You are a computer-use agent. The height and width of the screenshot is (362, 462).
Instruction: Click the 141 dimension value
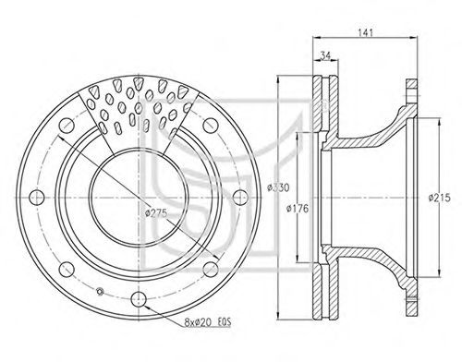tap(365, 32)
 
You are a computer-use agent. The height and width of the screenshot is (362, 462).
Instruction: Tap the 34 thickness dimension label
tap(325, 55)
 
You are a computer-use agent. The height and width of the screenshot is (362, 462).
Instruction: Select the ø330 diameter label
tap(278, 187)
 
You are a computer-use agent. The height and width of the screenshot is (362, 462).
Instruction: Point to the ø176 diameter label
tap(297, 209)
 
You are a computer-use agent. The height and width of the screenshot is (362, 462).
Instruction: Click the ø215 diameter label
tap(440, 198)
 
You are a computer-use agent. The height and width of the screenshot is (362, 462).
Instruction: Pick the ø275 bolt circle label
tap(156, 213)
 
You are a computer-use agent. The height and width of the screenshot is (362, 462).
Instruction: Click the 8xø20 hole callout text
tap(199, 322)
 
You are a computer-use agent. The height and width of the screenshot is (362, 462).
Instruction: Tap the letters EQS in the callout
tap(225, 322)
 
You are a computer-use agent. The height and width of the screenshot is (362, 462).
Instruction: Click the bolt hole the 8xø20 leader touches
tap(139, 298)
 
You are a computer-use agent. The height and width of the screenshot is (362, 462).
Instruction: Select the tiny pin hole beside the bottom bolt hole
tap(100, 291)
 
